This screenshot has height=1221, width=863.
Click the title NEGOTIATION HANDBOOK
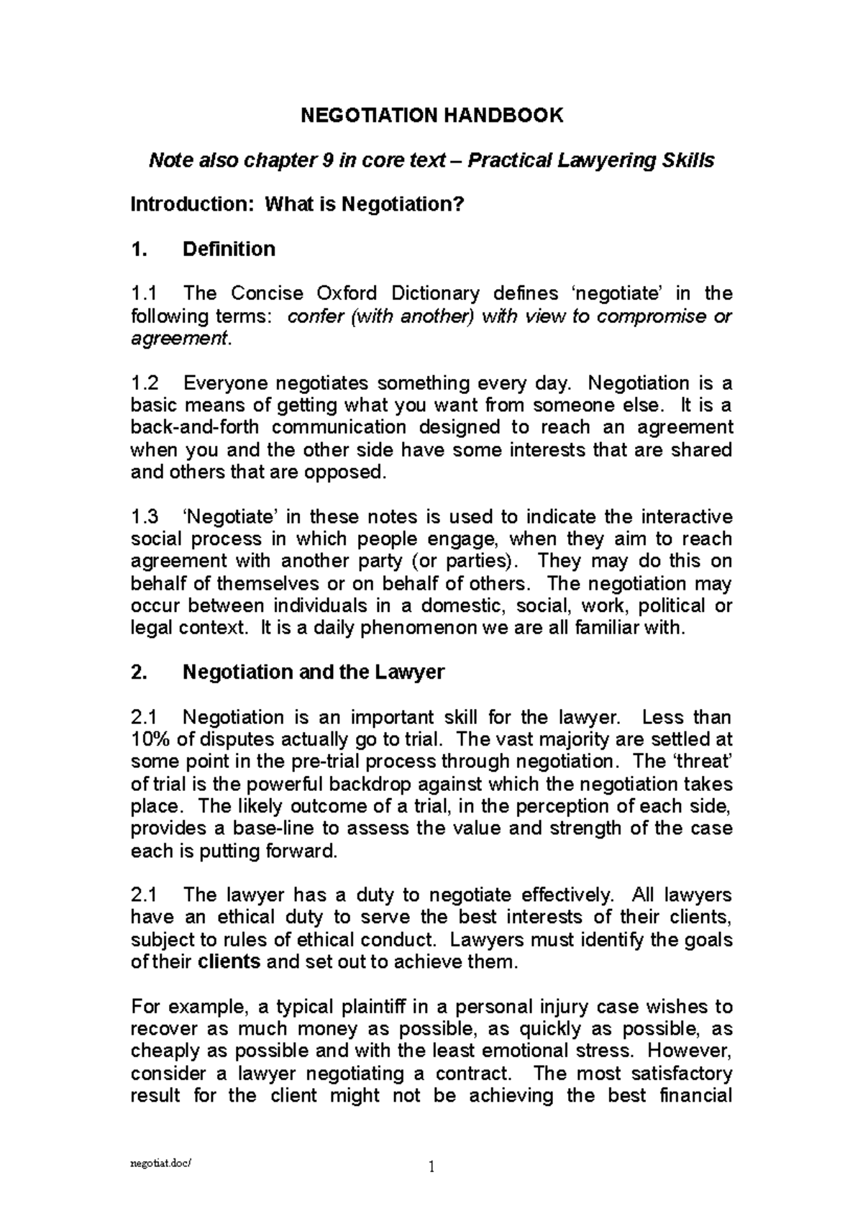(431, 115)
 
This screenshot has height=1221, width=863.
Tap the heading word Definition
(229, 249)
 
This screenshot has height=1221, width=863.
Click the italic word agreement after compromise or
(178, 339)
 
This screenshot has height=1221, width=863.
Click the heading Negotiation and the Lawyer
(314, 672)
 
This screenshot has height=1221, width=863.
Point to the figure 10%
(149, 739)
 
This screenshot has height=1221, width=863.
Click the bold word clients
(229, 962)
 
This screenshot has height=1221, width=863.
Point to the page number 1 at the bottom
(431, 1166)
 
